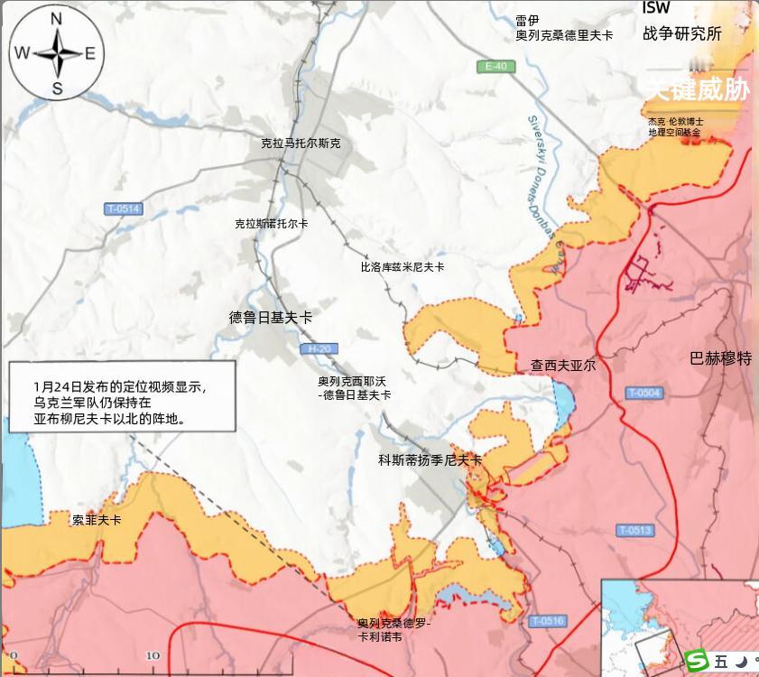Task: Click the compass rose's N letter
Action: pyautogui.click(x=56, y=19)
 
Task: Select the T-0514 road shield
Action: pyautogui.click(x=123, y=209)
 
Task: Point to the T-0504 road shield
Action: pyautogui.click(x=643, y=393)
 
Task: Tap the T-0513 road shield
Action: pyautogui.click(x=634, y=531)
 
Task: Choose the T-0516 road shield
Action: pyautogui.click(x=547, y=621)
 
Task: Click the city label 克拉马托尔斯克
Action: pyautogui.click(x=301, y=143)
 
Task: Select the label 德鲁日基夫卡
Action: pyautogui.click(x=271, y=318)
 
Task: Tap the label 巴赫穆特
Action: pyautogui.click(x=720, y=358)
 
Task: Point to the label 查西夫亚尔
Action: pyautogui.click(x=563, y=366)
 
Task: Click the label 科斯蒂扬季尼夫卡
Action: pyautogui.click(x=430, y=460)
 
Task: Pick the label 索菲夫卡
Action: pyautogui.click(x=97, y=521)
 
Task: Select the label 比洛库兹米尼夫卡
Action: pyautogui.click(x=403, y=267)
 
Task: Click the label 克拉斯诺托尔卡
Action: pyautogui.click(x=271, y=223)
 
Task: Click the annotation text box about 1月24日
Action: pyautogui.click(x=122, y=396)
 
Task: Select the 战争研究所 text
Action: pyautogui.click(x=682, y=34)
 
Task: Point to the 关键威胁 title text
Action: pyautogui.click(x=697, y=89)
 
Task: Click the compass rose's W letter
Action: pyautogui.click(x=21, y=53)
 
